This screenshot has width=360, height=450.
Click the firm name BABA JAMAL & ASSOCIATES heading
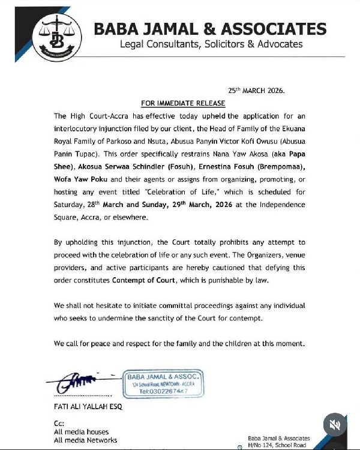click(211, 29)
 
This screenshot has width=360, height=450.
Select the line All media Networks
click(85, 440)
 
